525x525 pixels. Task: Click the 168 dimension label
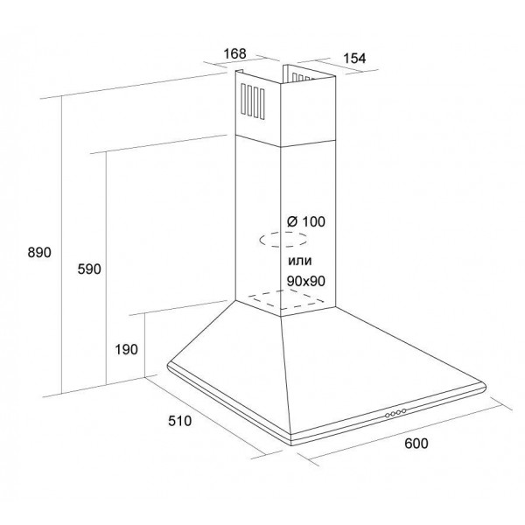click(234, 53)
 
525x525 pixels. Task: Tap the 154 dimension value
click(354, 59)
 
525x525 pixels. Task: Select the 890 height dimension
click(39, 252)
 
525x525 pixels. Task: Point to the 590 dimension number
click(89, 269)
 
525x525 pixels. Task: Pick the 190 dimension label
click(126, 349)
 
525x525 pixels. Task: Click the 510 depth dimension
click(179, 421)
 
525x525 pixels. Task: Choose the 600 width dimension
click(416, 444)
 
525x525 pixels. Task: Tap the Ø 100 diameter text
click(306, 221)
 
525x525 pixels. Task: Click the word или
click(300, 261)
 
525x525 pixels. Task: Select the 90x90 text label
click(306, 281)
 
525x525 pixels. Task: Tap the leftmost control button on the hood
click(388, 416)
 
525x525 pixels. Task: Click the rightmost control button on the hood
click(403, 411)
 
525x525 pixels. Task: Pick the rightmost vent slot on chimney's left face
click(262, 104)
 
